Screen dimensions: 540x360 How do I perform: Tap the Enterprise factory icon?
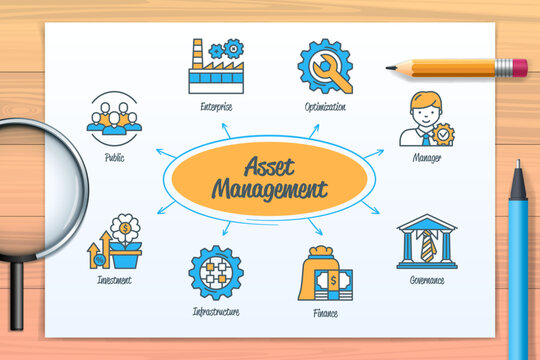coord(215,66)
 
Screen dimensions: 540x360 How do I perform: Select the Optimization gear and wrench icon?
coord(324,66)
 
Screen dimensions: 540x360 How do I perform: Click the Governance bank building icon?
coord(426,242)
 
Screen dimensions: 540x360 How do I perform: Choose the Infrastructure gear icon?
coord(215,273)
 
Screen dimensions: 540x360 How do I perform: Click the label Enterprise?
coord(215,105)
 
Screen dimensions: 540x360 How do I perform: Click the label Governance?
coord(426,281)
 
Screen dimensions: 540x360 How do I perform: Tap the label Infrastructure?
coord(215,312)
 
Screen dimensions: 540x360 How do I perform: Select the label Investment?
coord(114,281)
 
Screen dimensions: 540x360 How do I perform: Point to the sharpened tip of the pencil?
coord(389,68)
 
